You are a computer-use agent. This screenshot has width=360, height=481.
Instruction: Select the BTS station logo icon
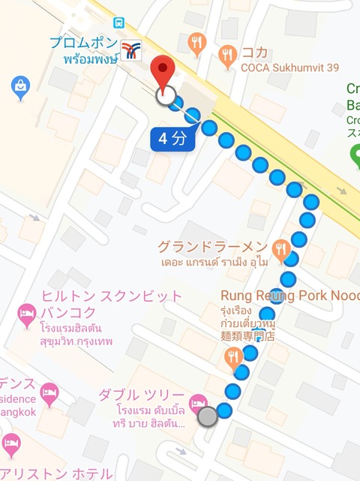click(x=131, y=50)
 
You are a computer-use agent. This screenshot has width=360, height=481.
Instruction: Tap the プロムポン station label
click(x=83, y=43)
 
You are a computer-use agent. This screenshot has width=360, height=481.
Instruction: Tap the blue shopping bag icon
click(x=20, y=89)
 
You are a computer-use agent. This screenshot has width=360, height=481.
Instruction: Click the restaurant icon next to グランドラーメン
click(x=281, y=249)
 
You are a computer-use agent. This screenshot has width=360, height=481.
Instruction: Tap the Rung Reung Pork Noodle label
click(x=289, y=295)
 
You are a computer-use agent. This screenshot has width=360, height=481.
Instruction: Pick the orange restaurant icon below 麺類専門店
click(x=233, y=357)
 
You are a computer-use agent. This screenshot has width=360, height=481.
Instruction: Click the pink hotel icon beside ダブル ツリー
click(x=199, y=403)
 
